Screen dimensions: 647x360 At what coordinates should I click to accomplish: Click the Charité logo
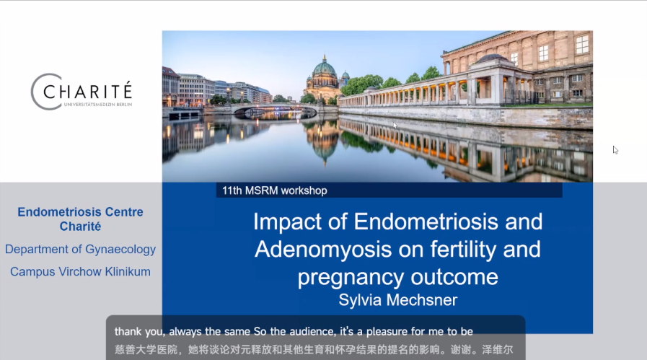82,92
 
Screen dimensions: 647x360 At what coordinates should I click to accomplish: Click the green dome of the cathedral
325,68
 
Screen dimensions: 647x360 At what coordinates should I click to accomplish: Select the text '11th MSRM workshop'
274,190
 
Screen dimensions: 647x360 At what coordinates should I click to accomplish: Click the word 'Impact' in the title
287,222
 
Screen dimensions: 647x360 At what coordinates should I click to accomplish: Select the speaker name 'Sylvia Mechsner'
397,300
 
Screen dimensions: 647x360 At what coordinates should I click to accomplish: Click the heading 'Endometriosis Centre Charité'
81,219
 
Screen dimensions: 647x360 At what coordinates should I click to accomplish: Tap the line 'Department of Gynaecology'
81,250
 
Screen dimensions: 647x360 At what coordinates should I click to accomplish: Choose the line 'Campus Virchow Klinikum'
81,272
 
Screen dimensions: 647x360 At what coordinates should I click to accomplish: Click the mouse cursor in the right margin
615,150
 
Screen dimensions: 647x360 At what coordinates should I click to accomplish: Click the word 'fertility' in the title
463,250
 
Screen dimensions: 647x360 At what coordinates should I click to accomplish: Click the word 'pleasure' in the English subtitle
388,332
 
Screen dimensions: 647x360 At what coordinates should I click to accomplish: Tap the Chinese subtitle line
314,350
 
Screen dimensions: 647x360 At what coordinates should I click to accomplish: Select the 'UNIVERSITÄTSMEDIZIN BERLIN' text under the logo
98,105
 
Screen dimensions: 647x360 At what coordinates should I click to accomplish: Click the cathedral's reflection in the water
325,141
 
